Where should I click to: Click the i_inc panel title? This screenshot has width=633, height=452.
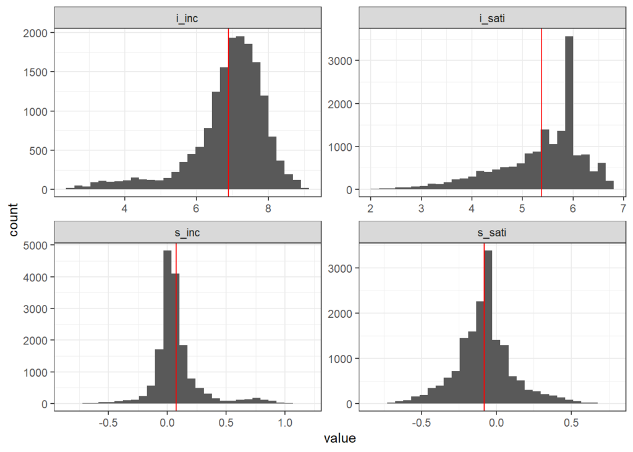point(187,17)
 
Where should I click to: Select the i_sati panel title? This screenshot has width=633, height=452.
point(492,17)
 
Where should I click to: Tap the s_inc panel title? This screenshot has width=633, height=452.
point(187,232)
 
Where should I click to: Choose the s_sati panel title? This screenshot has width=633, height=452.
point(492,232)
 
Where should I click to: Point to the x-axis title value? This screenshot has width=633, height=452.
point(339,439)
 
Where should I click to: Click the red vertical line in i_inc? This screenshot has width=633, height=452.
point(229,111)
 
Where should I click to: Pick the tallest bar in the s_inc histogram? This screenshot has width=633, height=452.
point(167,327)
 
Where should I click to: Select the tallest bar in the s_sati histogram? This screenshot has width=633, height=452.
point(488,327)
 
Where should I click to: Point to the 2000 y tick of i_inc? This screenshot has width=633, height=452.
point(36,33)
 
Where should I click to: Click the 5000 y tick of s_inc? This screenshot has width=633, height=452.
point(36,245)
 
